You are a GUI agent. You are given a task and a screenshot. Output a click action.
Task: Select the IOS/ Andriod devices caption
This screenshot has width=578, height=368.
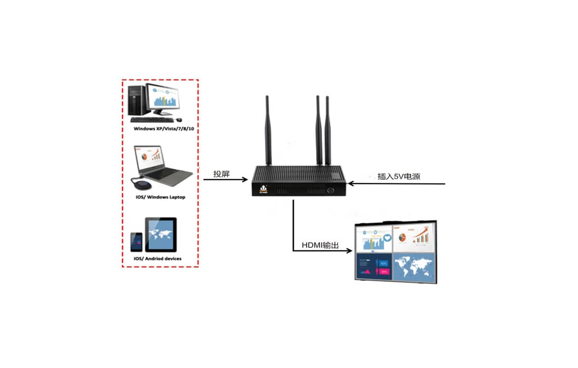(158, 259)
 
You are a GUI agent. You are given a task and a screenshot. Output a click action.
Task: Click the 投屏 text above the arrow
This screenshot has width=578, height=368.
(221, 174)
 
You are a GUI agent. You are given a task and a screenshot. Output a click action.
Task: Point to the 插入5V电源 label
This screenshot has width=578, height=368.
(399, 176)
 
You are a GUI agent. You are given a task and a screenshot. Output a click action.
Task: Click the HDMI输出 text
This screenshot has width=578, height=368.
(320, 246)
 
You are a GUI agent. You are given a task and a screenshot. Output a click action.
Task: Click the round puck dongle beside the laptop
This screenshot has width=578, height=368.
(142, 184)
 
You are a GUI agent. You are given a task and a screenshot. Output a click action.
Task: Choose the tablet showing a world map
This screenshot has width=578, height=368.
(161, 234)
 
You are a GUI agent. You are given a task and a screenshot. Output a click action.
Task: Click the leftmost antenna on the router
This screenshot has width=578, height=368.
(267, 130)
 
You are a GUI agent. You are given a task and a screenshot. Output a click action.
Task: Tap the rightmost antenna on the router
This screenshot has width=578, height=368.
(328, 130)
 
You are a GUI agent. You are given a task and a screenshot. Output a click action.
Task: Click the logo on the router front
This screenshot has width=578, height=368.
(263, 189)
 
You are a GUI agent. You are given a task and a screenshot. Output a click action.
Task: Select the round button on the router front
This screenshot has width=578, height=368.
(331, 190)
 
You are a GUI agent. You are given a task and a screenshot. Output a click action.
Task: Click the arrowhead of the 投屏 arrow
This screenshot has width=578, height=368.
(245, 179)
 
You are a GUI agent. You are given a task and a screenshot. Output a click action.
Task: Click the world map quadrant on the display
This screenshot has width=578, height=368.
(413, 265)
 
